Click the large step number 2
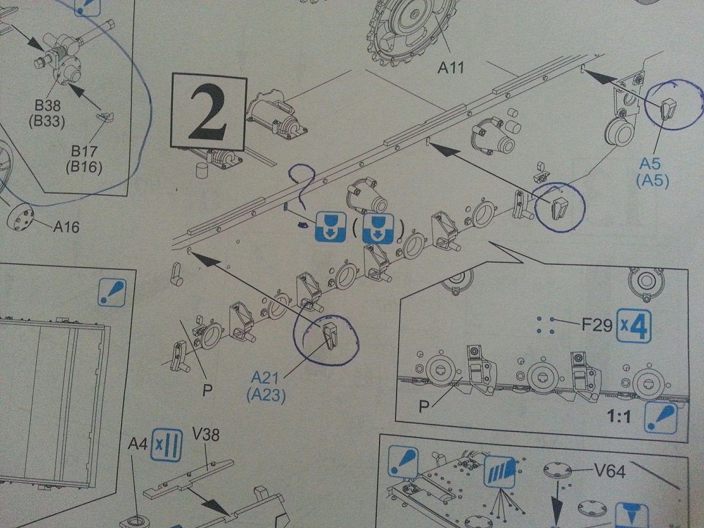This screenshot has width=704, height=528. coord(209,111)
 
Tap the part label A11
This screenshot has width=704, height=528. coord(451,68)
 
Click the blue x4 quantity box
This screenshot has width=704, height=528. coord(634,326)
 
